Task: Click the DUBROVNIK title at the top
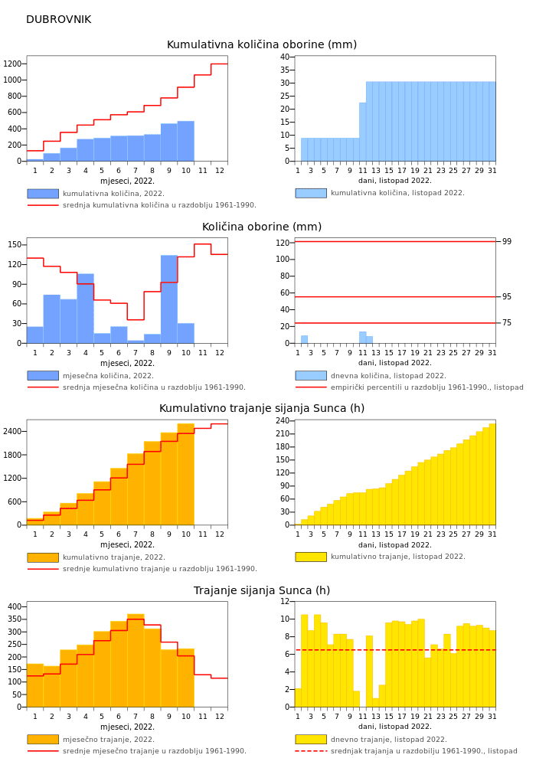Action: coord(58,20)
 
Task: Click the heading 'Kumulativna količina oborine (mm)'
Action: coord(262,44)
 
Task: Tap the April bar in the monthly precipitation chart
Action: coord(85,308)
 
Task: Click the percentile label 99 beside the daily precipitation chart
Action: coord(507,242)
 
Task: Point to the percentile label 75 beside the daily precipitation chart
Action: coord(507,323)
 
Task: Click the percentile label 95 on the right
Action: coord(507,297)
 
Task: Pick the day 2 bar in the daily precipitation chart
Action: coord(304,339)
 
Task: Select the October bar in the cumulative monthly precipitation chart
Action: coord(186,142)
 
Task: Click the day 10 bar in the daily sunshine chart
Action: coord(356,699)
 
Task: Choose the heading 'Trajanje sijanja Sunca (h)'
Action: coord(262,591)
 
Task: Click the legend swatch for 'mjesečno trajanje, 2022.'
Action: coord(43,740)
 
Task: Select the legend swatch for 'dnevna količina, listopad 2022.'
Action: coord(311,376)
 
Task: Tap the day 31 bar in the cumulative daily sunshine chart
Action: coord(492,475)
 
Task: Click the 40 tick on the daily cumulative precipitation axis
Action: coord(285,57)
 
